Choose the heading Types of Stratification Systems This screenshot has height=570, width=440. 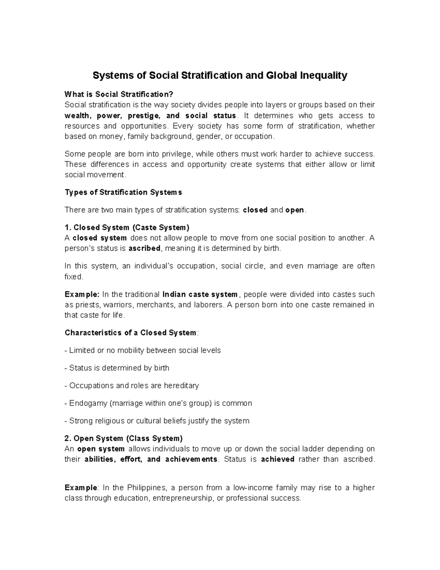(123, 192)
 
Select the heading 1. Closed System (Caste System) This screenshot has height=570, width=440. (127, 228)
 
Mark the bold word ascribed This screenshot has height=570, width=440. (144, 248)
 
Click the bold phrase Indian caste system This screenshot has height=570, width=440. (200, 294)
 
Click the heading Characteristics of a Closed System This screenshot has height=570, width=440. (131, 333)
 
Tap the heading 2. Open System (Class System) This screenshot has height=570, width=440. (124, 439)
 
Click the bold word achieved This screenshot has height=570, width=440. (278, 460)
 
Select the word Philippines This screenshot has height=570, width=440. (147, 488)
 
